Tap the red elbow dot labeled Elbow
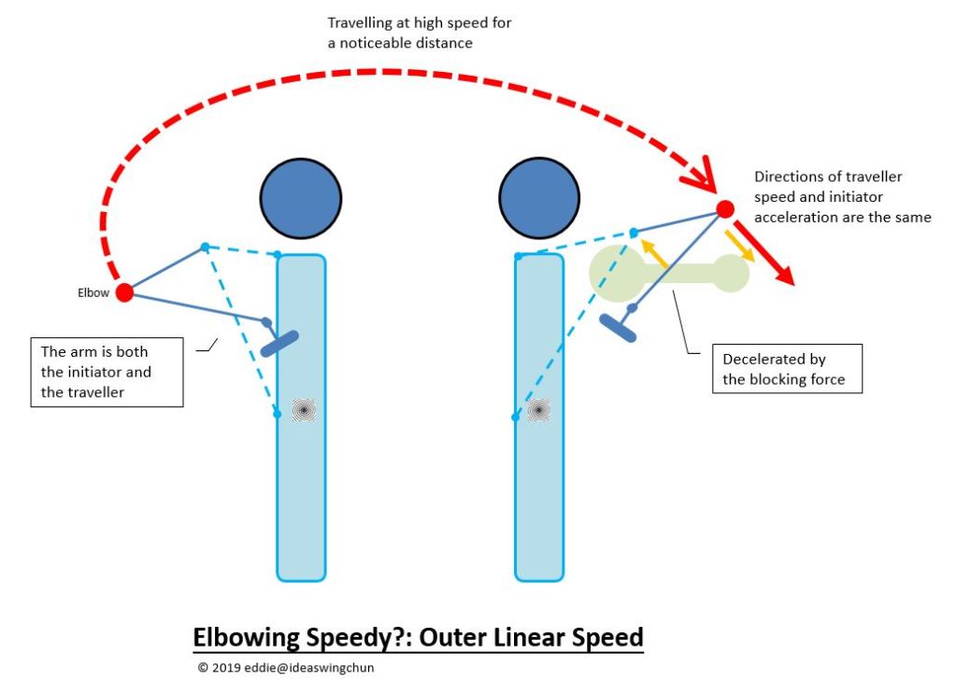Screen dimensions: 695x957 pos(123,292)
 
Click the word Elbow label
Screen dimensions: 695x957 pos(93,292)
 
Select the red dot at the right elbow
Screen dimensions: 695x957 pos(724,209)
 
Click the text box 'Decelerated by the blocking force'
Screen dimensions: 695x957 pos(786,369)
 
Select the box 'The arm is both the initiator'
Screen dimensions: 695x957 pos(107,372)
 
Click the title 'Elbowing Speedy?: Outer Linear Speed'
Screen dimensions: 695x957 pos(418,638)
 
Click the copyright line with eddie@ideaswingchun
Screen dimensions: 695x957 pos(286,668)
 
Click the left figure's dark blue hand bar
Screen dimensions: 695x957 pos(280,343)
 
